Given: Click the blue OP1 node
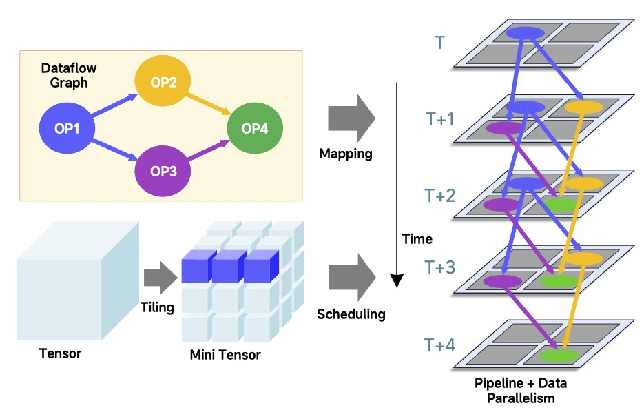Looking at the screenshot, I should click(67, 128).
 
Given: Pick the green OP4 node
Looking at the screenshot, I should click(255, 128).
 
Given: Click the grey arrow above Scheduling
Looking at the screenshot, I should click(350, 277).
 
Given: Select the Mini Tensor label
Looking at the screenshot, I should click(225, 356).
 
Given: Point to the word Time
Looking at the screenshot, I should click(417, 239).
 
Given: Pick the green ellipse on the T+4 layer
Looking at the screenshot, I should click(558, 356).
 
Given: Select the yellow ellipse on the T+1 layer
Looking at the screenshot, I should click(583, 107).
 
